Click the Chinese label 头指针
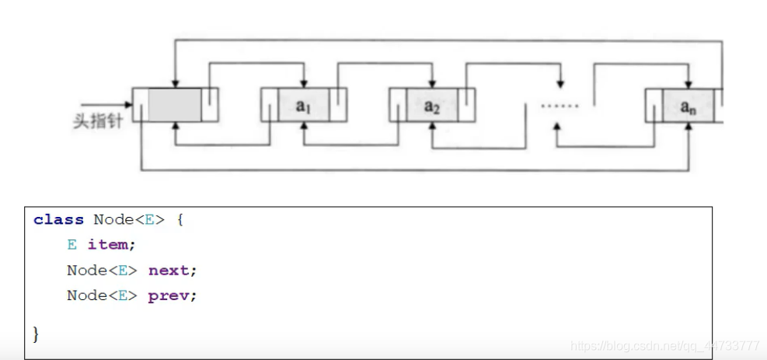98,121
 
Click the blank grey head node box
175,105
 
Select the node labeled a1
304,105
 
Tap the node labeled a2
432,105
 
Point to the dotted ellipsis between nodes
560,105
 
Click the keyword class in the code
59,219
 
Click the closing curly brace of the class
36,334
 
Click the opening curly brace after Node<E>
180,219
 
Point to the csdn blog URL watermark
664,346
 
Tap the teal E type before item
72,244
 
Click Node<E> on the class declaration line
130,219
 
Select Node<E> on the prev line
103,295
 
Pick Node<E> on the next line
103,270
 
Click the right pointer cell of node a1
338,105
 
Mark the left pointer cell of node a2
398,105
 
